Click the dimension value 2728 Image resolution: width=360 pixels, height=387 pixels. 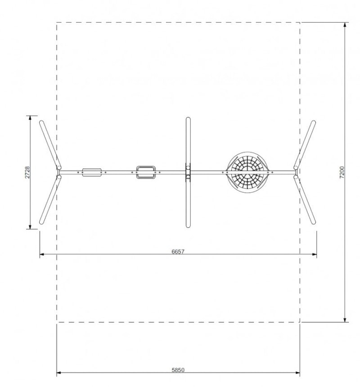(x=27, y=172)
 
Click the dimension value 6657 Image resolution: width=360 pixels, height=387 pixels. (x=178, y=252)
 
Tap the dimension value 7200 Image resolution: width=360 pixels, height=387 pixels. (x=342, y=172)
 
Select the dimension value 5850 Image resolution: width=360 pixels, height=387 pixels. (x=178, y=370)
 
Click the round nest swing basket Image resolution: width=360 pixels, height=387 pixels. (x=247, y=172)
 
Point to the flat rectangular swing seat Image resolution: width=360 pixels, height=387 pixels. (x=92, y=172)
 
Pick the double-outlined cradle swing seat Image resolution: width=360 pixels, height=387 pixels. (x=146, y=172)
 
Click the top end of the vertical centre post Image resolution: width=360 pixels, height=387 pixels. (x=188, y=118)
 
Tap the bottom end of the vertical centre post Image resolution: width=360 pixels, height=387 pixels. (x=188, y=226)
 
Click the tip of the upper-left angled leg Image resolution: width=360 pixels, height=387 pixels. (x=41, y=121)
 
